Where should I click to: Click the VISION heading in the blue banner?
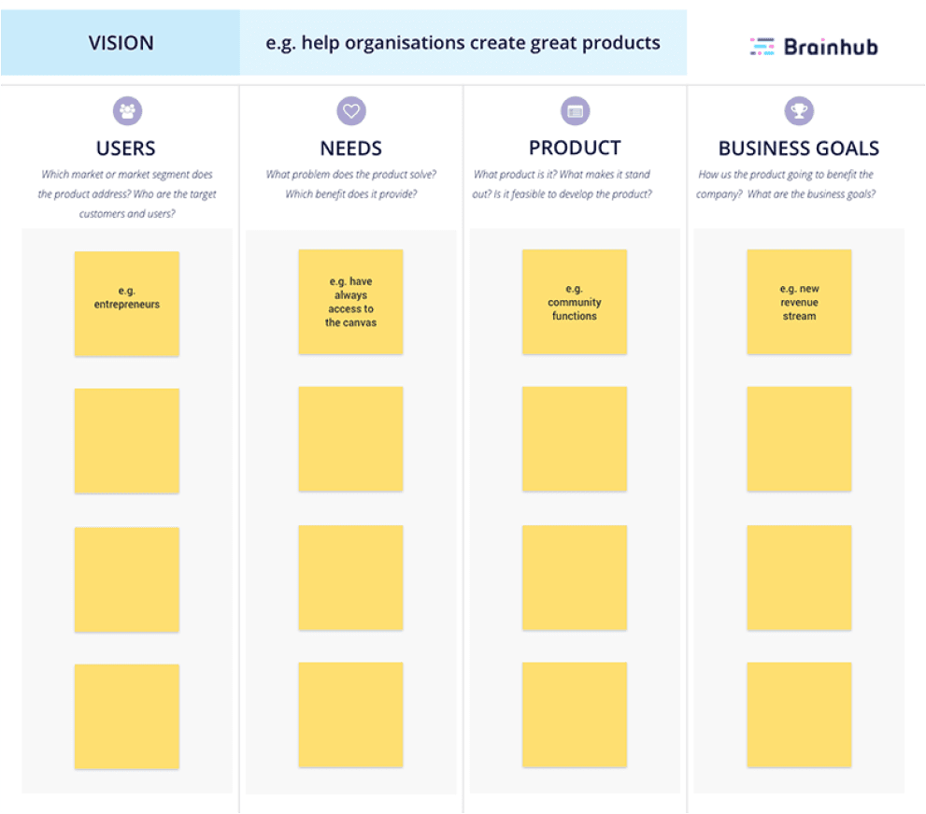click(x=121, y=43)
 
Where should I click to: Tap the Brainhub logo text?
click(x=831, y=47)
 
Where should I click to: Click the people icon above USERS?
click(x=128, y=110)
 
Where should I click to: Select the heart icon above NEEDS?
click(x=351, y=110)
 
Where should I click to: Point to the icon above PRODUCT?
click(x=576, y=110)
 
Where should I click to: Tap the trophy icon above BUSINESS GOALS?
click(x=799, y=110)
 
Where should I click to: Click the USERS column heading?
click(x=126, y=149)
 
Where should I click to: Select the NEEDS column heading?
click(x=351, y=149)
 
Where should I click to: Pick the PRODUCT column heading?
click(x=576, y=148)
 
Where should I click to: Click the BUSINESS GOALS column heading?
click(x=799, y=149)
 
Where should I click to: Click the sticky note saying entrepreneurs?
click(x=127, y=304)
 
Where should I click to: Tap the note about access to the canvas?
click(x=350, y=302)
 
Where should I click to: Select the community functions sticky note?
click(x=575, y=302)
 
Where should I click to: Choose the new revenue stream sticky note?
click(x=799, y=302)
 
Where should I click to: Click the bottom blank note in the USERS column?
click(x=127, y=717)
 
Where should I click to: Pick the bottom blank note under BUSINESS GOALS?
click(x=799, y=715)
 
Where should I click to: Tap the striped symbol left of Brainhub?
click(x=762, y=47)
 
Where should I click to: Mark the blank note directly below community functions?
click(x=575, y=439)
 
